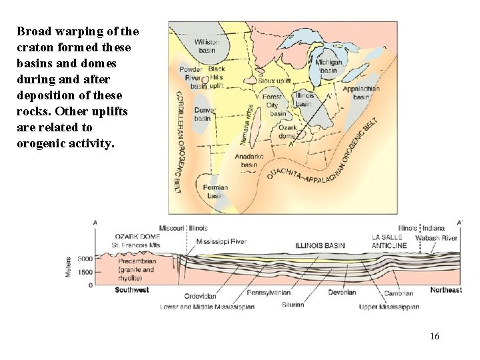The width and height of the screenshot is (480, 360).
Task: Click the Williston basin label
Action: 207,47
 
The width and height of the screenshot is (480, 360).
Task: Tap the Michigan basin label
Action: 329,66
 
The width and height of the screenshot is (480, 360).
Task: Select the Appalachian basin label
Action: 361,93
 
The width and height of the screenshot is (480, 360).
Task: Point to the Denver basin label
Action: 202,114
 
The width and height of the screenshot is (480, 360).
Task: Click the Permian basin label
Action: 215,191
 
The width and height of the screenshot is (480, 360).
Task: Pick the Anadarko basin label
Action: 249,161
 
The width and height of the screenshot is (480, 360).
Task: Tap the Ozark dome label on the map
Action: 287,131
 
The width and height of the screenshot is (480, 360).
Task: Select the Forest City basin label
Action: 273,105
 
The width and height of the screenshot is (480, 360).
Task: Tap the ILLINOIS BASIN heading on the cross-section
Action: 320,245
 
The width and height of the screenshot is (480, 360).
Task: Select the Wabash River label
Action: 436,237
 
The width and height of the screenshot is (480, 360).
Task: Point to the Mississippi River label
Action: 221,241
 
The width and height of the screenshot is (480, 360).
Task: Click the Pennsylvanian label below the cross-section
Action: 269,293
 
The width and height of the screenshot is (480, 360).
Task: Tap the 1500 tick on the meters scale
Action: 84,272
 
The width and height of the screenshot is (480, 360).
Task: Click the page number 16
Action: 435,337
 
